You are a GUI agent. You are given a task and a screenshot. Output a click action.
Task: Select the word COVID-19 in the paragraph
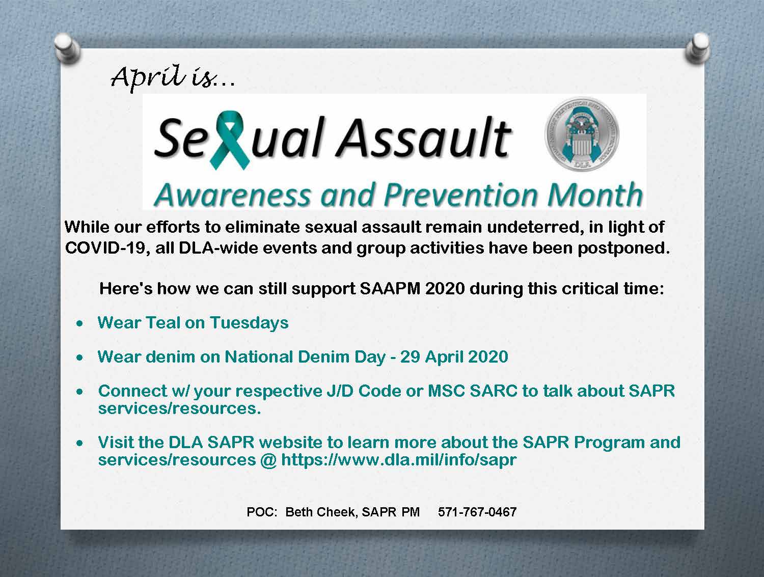point(106,249)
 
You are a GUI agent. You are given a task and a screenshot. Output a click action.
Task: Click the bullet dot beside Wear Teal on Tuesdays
point(79,323)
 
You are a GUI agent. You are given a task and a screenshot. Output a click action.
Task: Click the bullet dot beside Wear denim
point(79,358)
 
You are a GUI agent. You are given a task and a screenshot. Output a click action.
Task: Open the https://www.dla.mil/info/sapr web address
point(399,460)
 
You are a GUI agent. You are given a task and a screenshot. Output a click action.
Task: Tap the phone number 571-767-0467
point(477,512)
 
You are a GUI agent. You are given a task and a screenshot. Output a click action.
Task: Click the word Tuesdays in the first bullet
point(249,323)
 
